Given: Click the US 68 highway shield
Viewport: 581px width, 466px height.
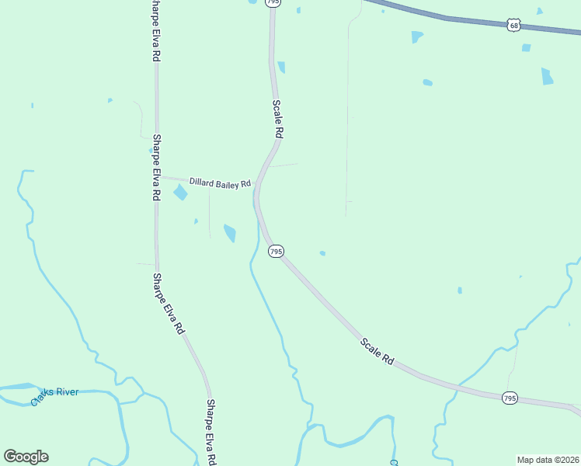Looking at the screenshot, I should point(513,26).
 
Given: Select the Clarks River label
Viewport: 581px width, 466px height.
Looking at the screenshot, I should point(55,394).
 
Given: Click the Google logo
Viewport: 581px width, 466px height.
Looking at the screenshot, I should point(26,457).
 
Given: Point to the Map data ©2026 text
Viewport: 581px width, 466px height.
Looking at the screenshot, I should point(548,460).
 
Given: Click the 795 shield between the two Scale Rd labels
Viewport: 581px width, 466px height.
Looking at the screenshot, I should point(276,252).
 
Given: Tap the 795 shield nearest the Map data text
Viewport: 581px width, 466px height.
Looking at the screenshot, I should point(509,398).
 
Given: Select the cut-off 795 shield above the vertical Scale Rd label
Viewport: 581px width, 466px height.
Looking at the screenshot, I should point(272,3).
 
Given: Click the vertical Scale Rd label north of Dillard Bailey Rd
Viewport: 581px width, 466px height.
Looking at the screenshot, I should point(277,119).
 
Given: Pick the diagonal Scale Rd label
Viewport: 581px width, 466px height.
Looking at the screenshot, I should point(377,353).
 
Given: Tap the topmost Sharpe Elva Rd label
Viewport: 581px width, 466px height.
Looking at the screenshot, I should point(155,31).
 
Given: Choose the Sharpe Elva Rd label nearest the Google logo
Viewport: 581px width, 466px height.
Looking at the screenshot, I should point(210,432).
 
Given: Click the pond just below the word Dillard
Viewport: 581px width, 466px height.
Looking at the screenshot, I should point(180,192).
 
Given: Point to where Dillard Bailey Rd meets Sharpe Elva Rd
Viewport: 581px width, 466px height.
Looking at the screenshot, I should point(156,177).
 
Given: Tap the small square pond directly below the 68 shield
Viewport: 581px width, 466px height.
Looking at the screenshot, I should point(527,47).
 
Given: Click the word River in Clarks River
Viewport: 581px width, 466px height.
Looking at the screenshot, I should point(66,392).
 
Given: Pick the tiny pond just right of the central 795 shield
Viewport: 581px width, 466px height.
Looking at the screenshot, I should point(322,252).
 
